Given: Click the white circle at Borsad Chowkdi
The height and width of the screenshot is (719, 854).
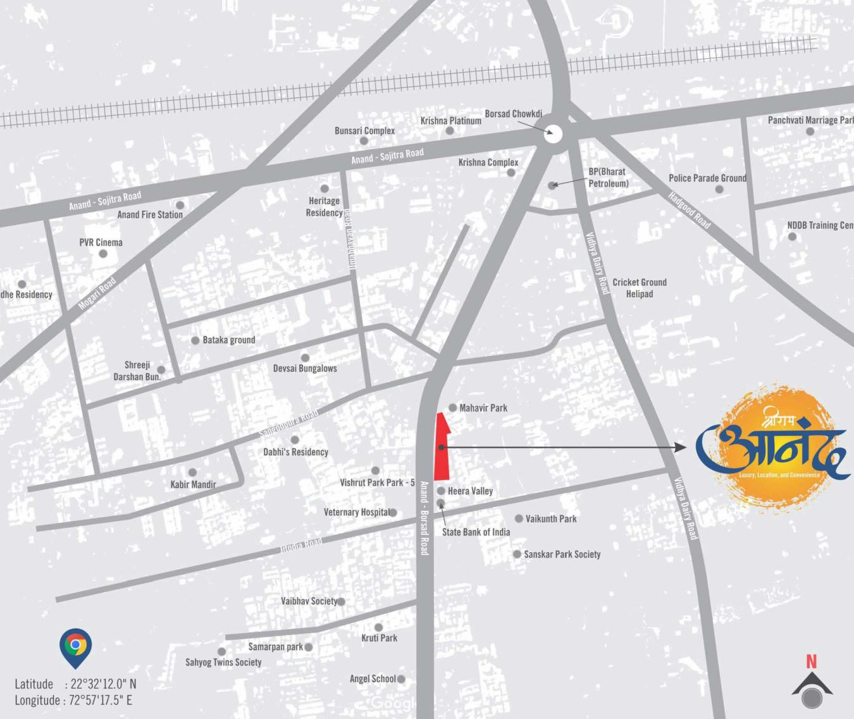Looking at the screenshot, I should click(x=554, y=134).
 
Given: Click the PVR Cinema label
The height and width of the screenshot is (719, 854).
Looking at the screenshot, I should click(x=101, y=242).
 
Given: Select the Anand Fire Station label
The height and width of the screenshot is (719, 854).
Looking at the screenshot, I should click(x=150, y=215).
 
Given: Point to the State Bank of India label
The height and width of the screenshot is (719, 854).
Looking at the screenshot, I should click(x=476, y=532).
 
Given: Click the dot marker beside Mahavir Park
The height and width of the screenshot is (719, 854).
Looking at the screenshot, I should click(x=452, y=408).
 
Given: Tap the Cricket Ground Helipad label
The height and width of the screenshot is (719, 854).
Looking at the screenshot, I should click(x=639, y=288).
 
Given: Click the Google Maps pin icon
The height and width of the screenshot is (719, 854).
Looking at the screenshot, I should click(x=75, y=646).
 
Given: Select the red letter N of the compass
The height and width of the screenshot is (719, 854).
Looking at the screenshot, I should click(x=811, y=661).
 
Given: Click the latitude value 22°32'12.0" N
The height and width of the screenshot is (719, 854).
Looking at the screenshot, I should click(x=103, y=684).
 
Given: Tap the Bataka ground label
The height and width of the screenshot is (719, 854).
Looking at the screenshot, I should click(x=228, y=340).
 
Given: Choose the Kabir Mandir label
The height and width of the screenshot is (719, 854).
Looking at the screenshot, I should click(x=193, y=484).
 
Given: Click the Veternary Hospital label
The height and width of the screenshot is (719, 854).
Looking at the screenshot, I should click(x=356, y=512).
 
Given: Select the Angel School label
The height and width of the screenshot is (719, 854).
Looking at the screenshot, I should click(x=373, y=679).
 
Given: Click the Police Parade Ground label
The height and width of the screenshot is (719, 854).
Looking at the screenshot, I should click(x=707, y=178).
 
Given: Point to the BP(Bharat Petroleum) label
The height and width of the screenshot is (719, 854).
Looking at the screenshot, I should click(x=608, y=178).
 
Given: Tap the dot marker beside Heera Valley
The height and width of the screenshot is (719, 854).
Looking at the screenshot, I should click(x=441, y=491).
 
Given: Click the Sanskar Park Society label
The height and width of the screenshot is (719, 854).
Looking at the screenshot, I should click(x=562, y=554).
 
